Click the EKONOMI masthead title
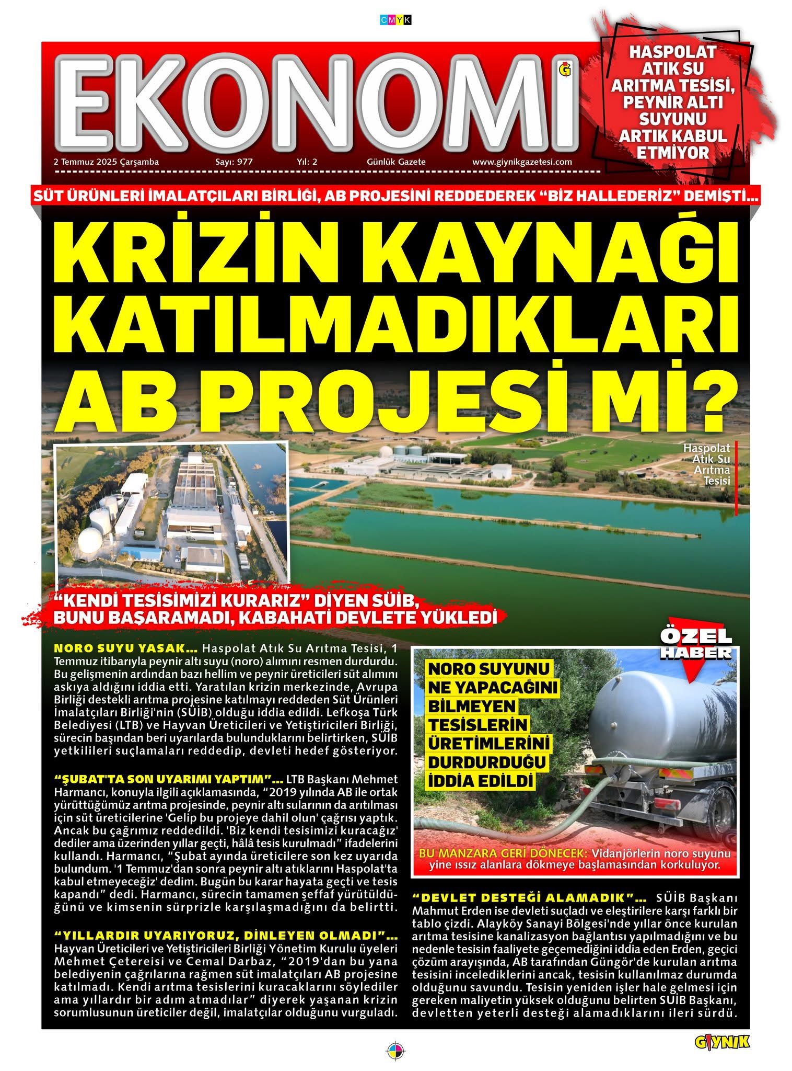[x=319, y=102]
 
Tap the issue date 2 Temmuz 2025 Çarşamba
[x=106, y=162]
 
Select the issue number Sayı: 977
[x=234, y=162]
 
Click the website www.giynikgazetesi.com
[x=522, y=162]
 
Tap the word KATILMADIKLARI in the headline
[x=396, y=325]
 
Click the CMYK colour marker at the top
[x=396, y=20]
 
